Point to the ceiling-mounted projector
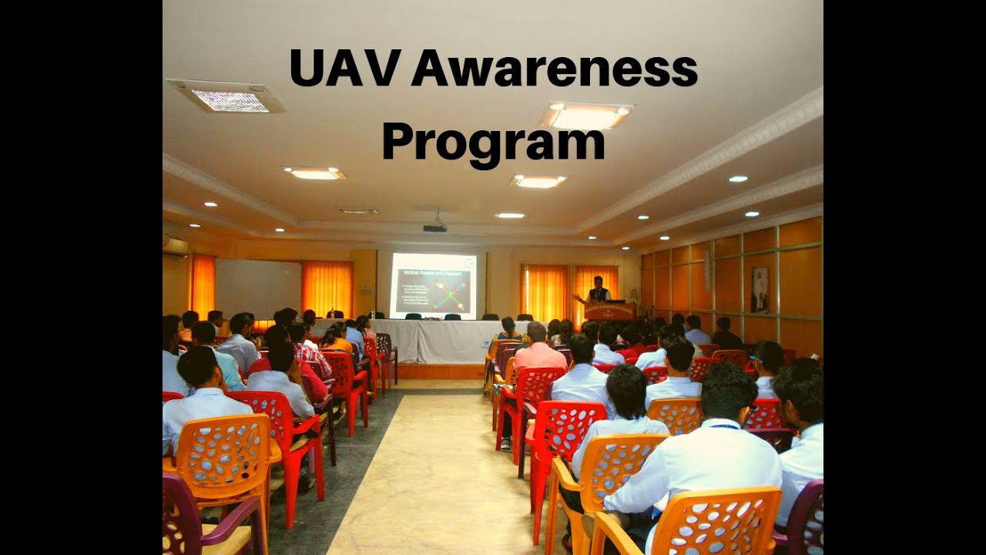click(435, 227)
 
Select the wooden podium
click(609, 310)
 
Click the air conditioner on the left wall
click(176, 246)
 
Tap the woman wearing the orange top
click(336, 339)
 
